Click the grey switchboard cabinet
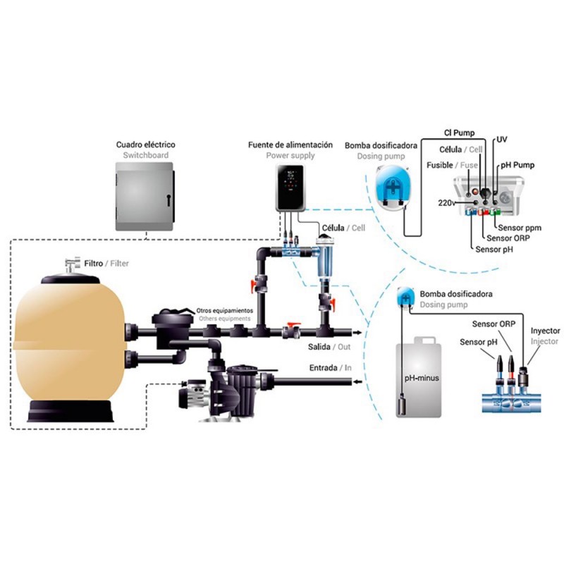(144, 195)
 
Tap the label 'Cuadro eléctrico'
(145, 145)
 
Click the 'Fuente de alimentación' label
(290, 145)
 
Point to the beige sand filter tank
(69, 345)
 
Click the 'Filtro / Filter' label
(106, 264)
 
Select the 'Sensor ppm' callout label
(520, 228)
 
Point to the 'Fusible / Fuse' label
(454, 165)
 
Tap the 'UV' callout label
(502, 140)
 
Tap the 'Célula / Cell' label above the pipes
(343, 228)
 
